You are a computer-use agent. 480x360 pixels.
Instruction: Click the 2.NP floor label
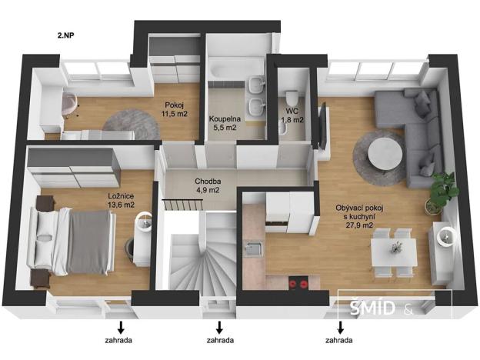[x=65, y=35]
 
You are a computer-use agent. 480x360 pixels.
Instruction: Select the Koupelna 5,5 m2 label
[x=225, y=123]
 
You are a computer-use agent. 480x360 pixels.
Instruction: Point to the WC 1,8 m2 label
[x=291, y=115]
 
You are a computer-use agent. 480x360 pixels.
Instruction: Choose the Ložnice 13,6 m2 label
[x=121, y=201]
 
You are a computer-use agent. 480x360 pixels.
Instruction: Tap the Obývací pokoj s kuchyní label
[x=355, y=215]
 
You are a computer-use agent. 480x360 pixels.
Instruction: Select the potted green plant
[x=442, y=189]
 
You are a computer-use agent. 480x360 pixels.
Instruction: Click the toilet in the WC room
[x=292, y=98]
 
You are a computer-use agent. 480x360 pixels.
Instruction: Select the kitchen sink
[x=252, y=248]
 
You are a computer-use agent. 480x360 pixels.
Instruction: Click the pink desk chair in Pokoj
[x=70, y=103]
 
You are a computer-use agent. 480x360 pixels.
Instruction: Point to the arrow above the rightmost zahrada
[x=339, y=325]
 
